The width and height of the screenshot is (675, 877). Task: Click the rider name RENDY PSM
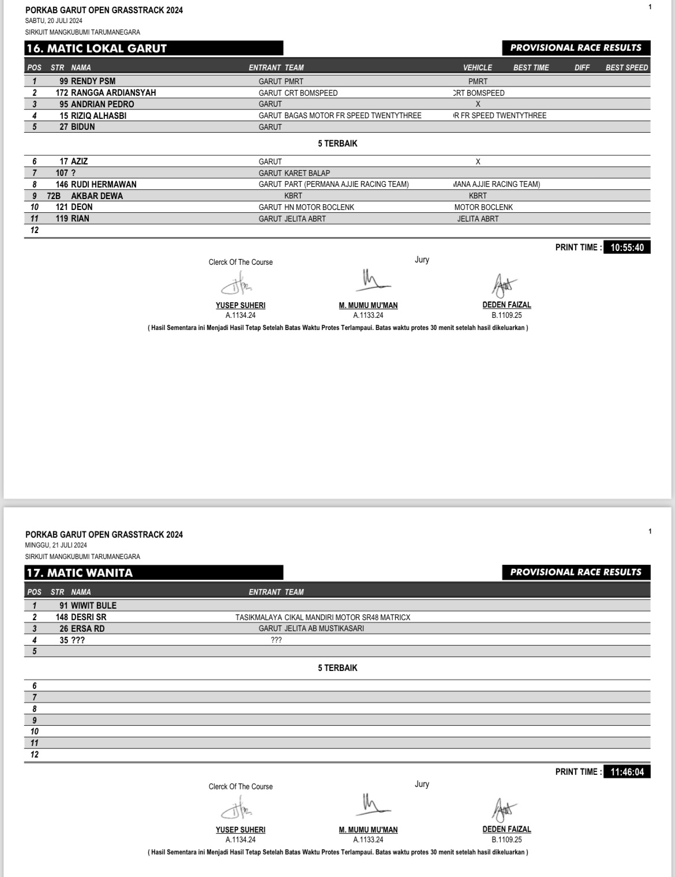[93, 81]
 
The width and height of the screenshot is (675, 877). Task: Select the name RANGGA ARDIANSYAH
[113, 93]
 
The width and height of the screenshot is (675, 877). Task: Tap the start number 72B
[54, 196]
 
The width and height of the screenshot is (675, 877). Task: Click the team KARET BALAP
[307, 173]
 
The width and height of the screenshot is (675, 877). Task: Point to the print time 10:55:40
[627, 248]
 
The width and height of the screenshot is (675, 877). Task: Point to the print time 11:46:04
[627, 772]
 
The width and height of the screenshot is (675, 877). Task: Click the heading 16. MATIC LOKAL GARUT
[97, 48]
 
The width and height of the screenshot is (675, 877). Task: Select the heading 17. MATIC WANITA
[80, 573]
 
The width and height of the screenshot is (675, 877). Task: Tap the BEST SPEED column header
[627, 68]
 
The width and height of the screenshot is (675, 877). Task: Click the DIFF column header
[582, 68]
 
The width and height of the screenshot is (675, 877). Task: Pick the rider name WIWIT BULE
[93, 606]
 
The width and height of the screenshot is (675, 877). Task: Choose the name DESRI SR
[88, 617]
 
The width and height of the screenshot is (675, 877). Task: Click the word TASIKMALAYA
[258, 617]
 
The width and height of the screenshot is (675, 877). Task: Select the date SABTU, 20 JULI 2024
[54, 21]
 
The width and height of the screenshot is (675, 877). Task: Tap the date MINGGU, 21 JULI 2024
[56, 545]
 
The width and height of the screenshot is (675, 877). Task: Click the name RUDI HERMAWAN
[104, 185]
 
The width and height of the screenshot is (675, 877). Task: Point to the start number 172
[62, 93]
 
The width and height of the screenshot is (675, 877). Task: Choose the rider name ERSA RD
[88, 629]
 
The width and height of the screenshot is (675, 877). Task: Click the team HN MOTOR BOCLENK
[319, 207]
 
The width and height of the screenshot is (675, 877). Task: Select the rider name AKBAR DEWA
[97, 196]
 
